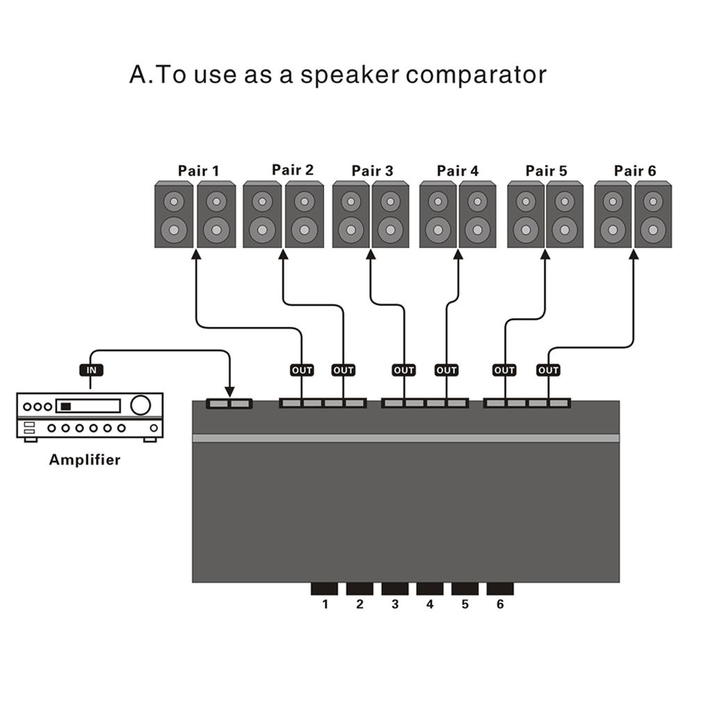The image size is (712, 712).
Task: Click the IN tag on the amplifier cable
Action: (x=91, y=370)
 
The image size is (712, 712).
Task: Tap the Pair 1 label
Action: (x=198, y=170)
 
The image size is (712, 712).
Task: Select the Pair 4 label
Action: (x=458, y=170)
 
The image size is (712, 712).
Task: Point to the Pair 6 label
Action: (x=635, y=170)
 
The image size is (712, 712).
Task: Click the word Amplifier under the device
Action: (x=85, y=460)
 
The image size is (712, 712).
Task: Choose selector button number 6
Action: (x=500, y=589)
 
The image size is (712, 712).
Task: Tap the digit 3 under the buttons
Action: (x=395, y=604)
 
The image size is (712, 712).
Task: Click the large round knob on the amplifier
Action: (x=140, y=405)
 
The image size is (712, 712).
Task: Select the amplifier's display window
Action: (x=88, y=406)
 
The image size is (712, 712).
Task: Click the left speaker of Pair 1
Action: (x=173, y=214)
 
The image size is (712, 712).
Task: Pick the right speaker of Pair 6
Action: (x=653, y=214)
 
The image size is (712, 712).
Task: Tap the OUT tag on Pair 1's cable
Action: (x=302, y=370)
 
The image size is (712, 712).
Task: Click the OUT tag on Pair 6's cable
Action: (x=549, y=370)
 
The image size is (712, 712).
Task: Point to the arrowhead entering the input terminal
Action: (x=229, y=393)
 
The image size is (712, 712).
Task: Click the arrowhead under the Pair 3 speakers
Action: (x=371, y=254)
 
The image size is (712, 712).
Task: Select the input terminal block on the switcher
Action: (x=229, y=403)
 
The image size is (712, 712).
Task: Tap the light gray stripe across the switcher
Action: (x=405, y=438)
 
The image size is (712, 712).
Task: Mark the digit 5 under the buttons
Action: (x=465, y=604)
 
